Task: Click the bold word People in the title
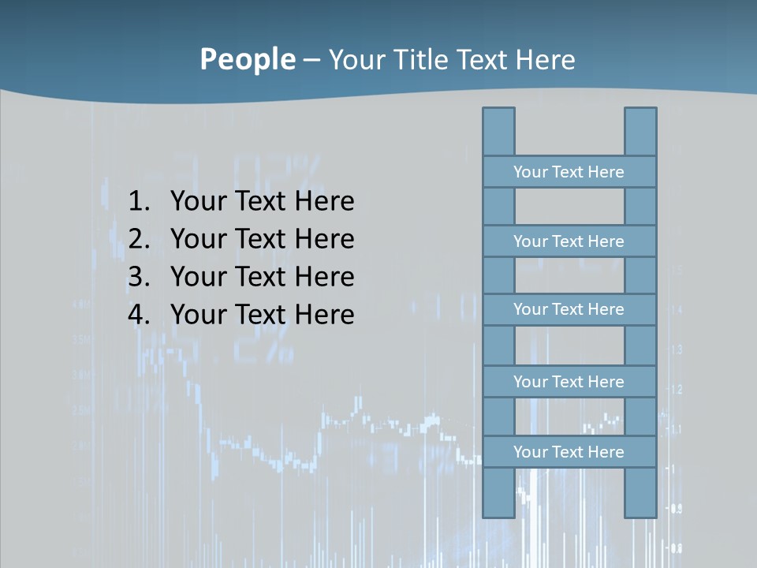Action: pyautogui.click(x=247, y=59)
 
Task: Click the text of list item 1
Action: pyautogui.click(x=262, y=202)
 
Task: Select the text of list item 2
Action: pyautogui.click(x=262, y=239)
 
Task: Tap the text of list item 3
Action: pyautogui.click(x=262, y=277)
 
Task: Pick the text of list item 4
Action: pyautogui.click(x=262, y=315)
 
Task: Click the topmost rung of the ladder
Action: pyautogui.click(x=569, y=172)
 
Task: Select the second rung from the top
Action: pyautogui.click(x=569, y=241)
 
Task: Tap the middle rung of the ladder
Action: pyautogui.click(x=569, y=309)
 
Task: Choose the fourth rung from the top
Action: pyautogui.click(x=569, y=382)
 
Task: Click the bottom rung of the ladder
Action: pyautogui.click(x=569, y=452)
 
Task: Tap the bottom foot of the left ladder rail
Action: pyautogui.click(x=498, y=511)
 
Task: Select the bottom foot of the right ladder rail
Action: pyautogui.click(x=640, y=511)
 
